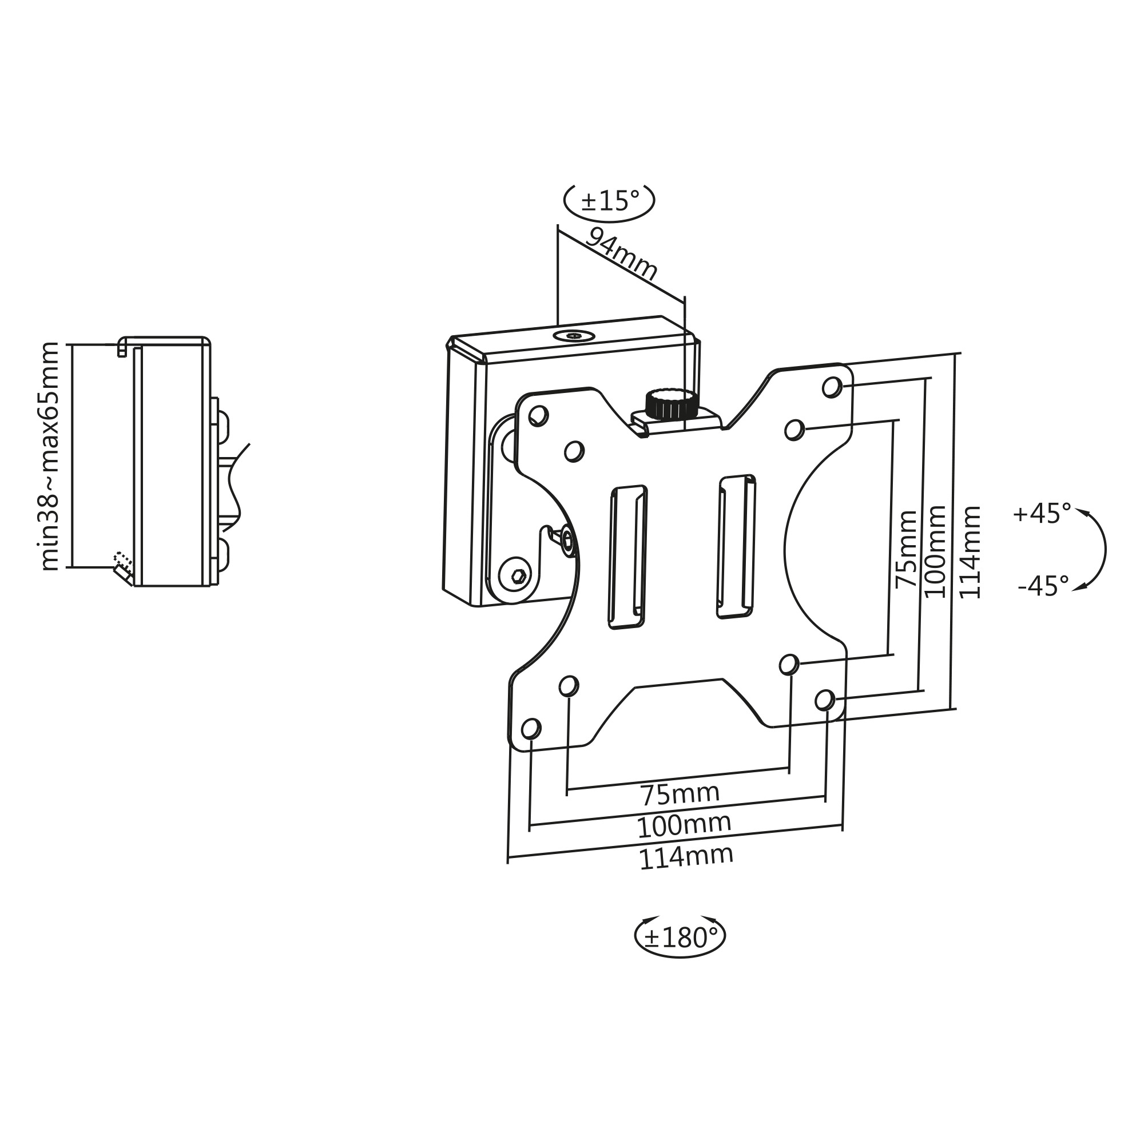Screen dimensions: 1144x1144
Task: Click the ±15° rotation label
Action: (x=610, y=201)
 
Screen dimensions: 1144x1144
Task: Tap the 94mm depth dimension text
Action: (x=622, y=255)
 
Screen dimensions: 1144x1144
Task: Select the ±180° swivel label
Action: (x=680, y=938)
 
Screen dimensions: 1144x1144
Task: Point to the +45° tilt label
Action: (x=1042, y=514)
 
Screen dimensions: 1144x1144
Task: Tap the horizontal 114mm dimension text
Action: (x=686, y=857)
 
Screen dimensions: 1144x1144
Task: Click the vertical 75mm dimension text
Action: (x=907, y=549)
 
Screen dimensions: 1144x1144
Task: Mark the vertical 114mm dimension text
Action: (x=970, y=553)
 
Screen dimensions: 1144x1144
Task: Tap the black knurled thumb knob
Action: (x=669, y=404)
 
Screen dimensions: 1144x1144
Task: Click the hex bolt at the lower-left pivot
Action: (x=518, y=574)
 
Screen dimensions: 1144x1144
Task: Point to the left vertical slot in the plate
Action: (x=627, y=557)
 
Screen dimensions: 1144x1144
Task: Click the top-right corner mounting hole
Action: (x=831, y=387)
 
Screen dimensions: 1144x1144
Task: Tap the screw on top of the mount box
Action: (x=574, y=336)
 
